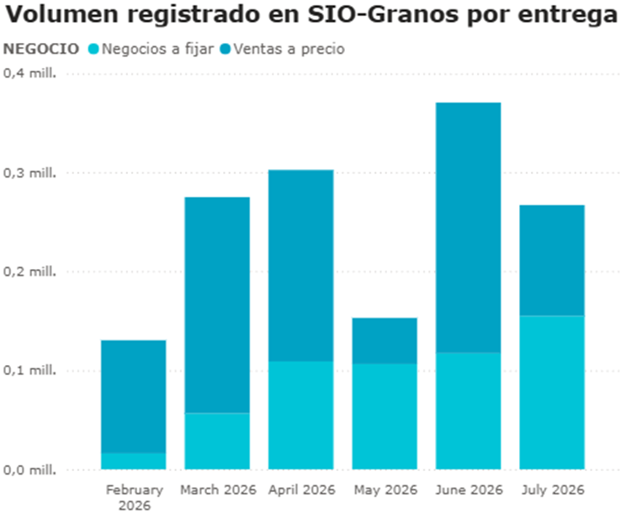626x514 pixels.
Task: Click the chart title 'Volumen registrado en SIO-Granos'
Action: (x=311, y=15)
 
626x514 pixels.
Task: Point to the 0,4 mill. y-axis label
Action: (x=29, y=74)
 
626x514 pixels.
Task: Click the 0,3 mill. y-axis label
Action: (x=29, y=173)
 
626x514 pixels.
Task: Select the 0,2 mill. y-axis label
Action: (x=29, y=272)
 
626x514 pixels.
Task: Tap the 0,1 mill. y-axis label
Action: (x=29, y=371)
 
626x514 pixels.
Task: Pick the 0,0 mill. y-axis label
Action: (x=29, y=469)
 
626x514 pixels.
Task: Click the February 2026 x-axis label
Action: (x=134, y=497)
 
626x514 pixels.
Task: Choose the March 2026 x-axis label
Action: (x=217, y=490)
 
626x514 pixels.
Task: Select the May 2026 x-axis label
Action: (x=385, y=490)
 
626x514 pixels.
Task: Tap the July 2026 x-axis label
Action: (x=552, y=490)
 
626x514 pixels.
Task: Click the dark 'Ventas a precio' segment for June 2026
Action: (x=469, y=227)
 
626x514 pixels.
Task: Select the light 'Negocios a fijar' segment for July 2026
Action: (x=552, y=392)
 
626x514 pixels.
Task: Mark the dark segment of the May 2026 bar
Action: (x=385, y=341)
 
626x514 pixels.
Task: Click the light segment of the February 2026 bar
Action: (x=134, y=461)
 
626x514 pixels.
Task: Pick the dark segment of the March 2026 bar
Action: (x=217, y=305)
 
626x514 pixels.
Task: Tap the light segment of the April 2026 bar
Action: (x=301, y=415)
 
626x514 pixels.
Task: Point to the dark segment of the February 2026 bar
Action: (x=134, y=396)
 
